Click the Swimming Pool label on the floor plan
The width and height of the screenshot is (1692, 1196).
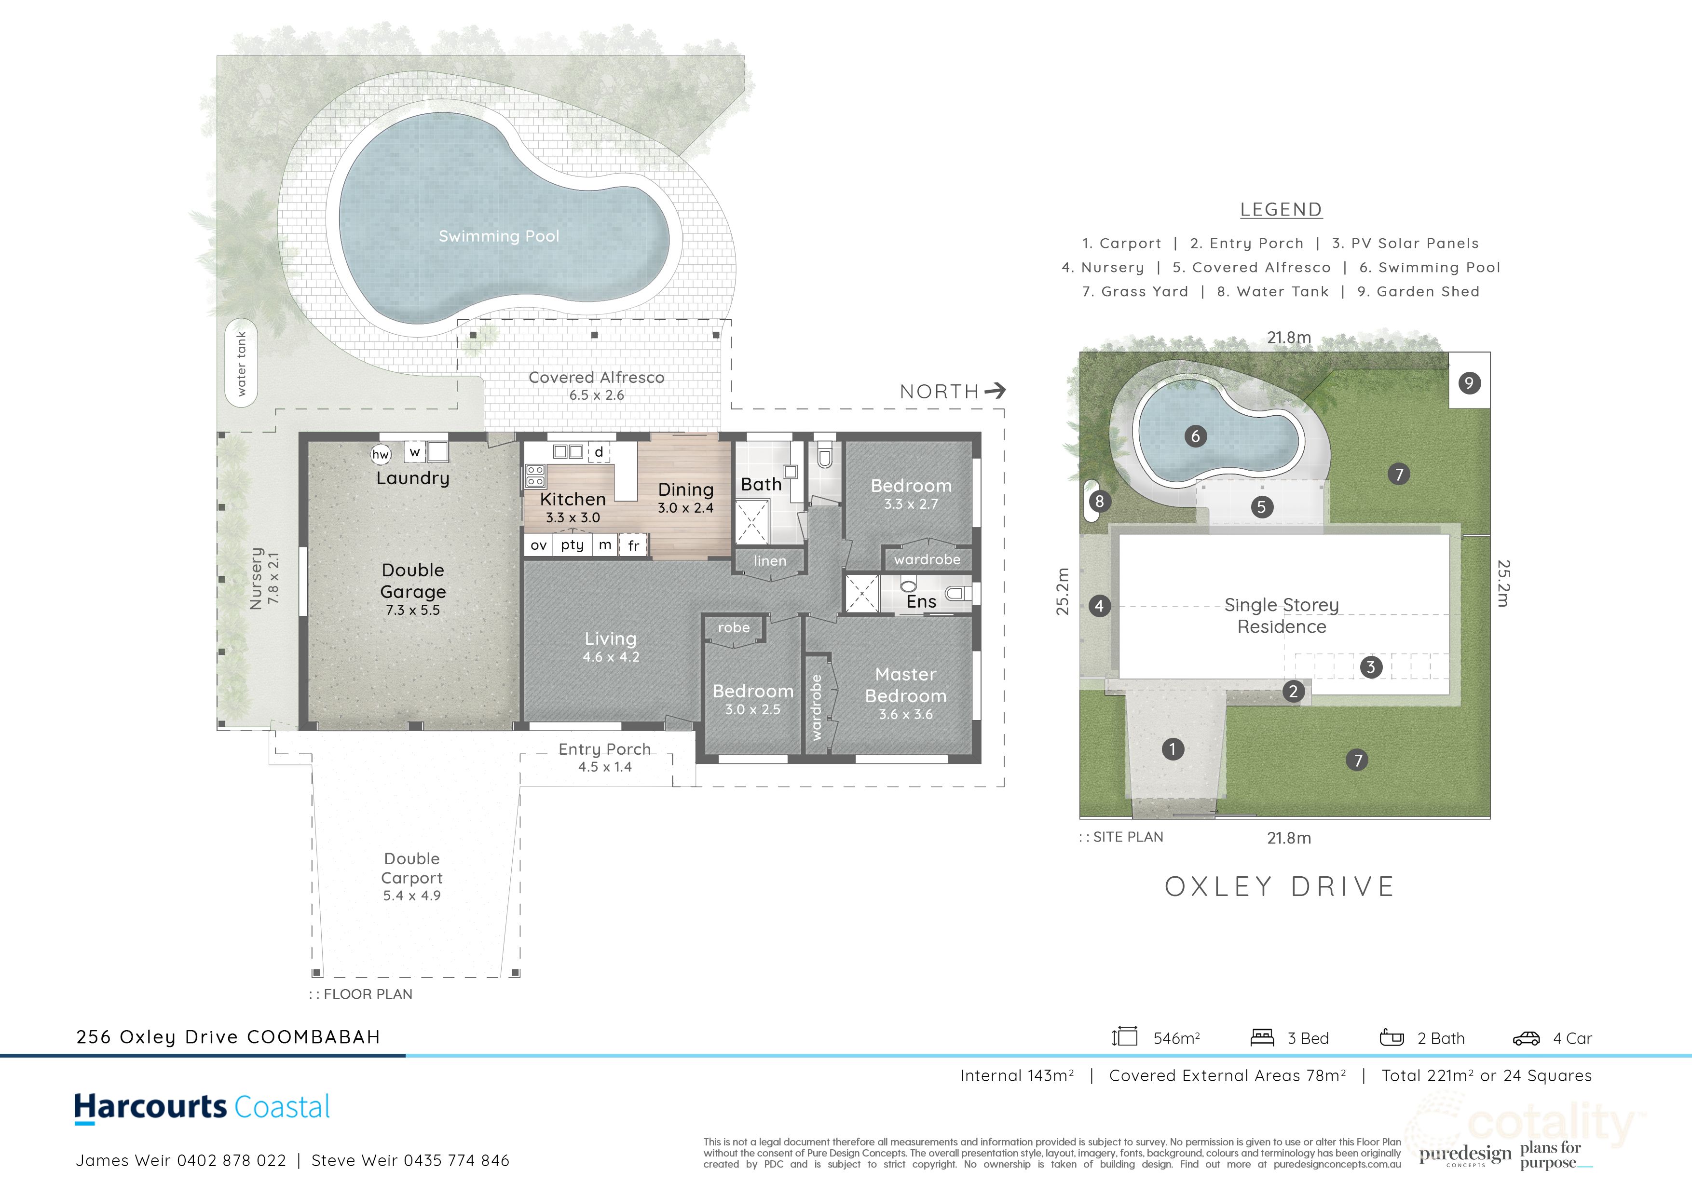coord(499,236)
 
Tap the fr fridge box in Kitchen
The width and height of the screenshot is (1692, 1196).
coord(633,546)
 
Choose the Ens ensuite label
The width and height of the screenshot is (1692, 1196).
coord(921,601)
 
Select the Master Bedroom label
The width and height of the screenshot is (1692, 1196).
coord(906,685)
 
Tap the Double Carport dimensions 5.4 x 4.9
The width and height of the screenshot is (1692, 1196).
coord(411,896)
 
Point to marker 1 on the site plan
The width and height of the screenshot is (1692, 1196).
coord(1173,749)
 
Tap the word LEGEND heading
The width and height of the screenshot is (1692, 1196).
coord(1281,210)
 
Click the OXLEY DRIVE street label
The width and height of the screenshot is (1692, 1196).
coord(1280,886)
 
